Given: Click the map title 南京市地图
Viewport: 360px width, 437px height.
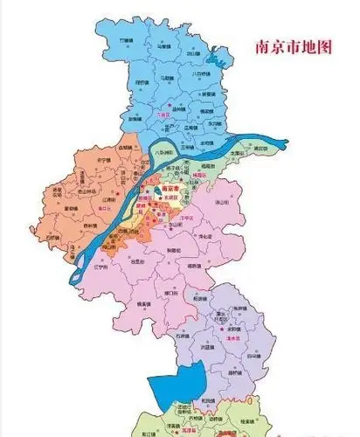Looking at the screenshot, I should (x=292, y=49).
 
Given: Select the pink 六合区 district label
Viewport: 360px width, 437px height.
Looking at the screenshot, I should (x=163, y=114).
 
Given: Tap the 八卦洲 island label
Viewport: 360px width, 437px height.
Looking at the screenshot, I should (x=159, y=152).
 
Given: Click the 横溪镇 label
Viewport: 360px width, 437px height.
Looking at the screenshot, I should (x=136, y=302).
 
